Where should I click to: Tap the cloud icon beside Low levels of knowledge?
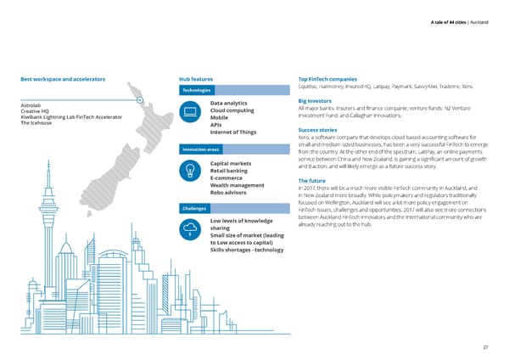[190, 229]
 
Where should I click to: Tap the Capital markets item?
[234, 163]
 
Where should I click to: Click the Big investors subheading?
[319, 101]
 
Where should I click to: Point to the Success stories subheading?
[322, 131]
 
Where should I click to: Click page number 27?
[486, 347]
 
